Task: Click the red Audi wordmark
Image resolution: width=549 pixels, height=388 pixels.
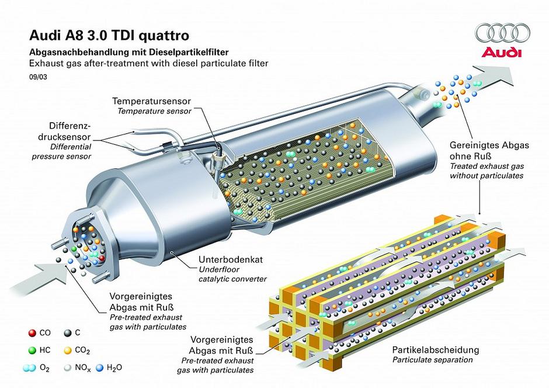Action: pyautogui.click(x=500, y=53)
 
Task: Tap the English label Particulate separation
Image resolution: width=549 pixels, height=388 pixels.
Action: pyautogui.click(x=425, y=360)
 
